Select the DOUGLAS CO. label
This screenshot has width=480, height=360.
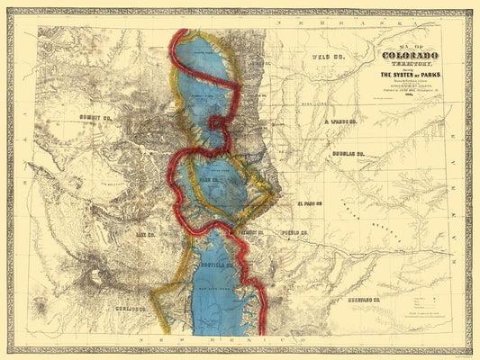[x=347, y=154]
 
